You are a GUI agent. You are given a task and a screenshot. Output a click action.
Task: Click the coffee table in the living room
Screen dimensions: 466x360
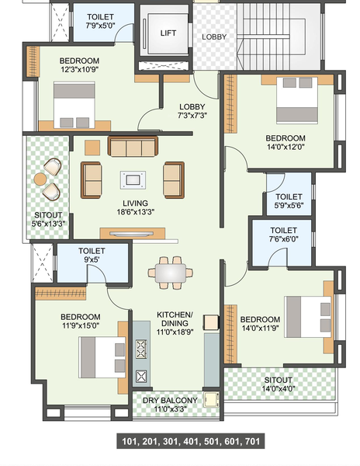point(133,179)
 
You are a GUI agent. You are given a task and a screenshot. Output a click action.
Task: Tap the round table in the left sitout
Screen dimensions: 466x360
point(40,179)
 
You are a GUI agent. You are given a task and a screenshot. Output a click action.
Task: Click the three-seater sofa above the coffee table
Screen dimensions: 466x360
point(133,146)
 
